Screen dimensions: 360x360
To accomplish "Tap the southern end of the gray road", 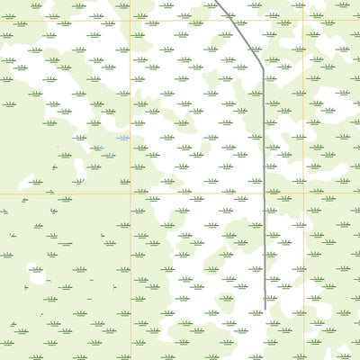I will pyautogui.click(x=264, y=309).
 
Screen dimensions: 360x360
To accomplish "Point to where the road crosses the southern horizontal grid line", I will pyautogui.click(x=264, y=194).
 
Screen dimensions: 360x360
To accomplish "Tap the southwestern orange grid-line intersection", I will pyautogui.click(x=130, y=194).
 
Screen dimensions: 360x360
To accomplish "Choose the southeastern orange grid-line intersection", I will pyautogui.click(x=304, y=194).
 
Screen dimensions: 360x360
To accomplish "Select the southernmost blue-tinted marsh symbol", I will pyautogui.click(x=109, y=155).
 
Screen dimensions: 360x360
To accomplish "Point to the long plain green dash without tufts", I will pyautogui.click(x=64, y=244).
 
